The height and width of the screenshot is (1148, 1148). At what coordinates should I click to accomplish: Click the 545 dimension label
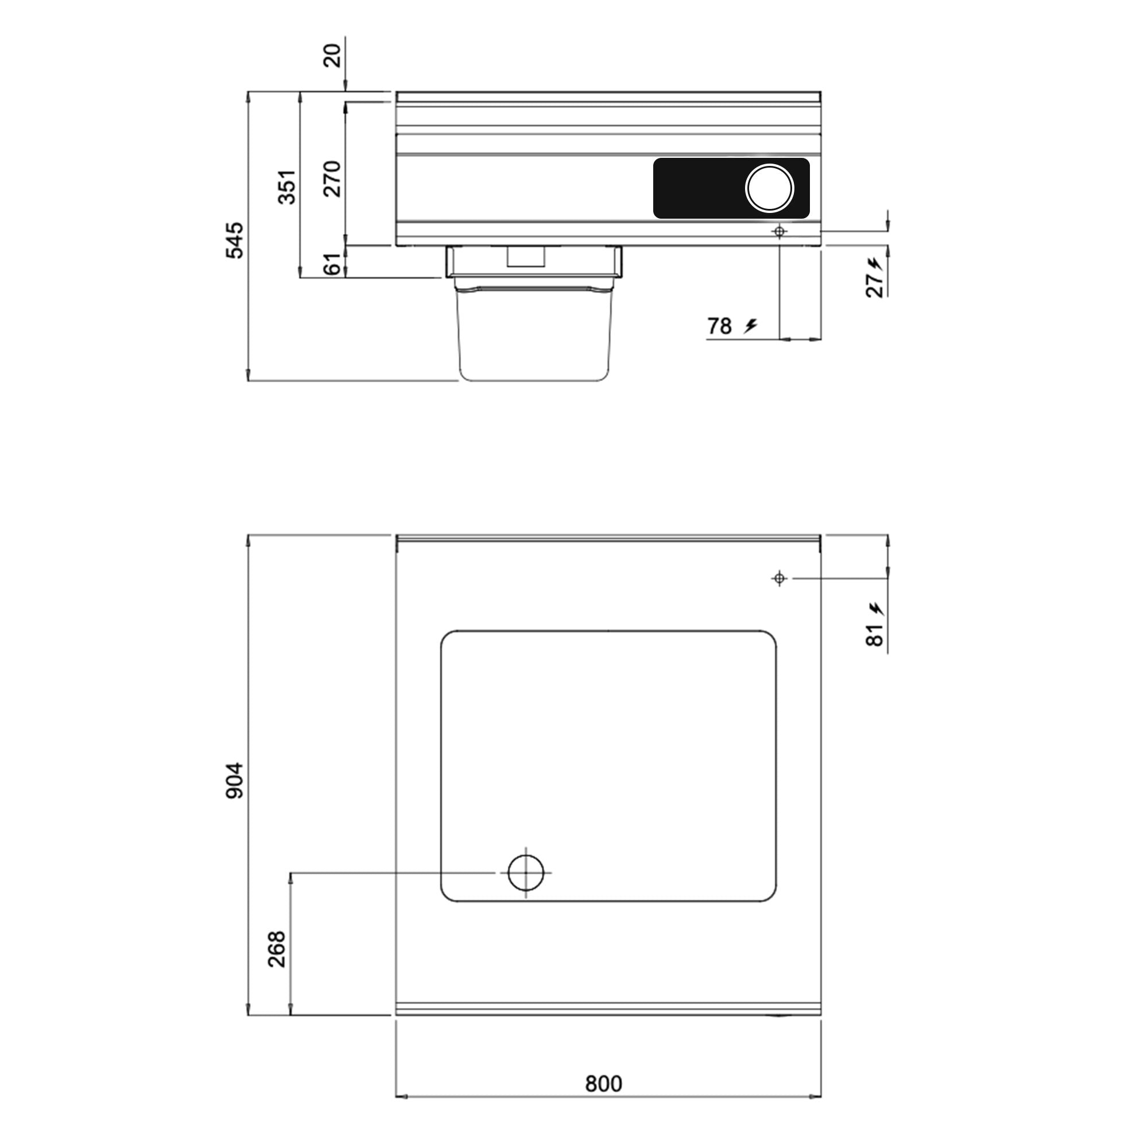234,240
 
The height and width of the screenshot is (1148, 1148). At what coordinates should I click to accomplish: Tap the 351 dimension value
287,187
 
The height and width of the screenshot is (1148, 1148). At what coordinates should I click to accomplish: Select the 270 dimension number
333,179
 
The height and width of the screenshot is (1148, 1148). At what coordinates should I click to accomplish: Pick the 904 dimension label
234,780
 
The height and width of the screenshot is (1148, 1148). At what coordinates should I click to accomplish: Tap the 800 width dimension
603,1084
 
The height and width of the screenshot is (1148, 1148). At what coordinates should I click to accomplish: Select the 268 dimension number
277,949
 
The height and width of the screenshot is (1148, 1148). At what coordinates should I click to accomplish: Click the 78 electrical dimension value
719,326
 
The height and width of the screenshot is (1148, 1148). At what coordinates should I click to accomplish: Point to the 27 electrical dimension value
874,286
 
